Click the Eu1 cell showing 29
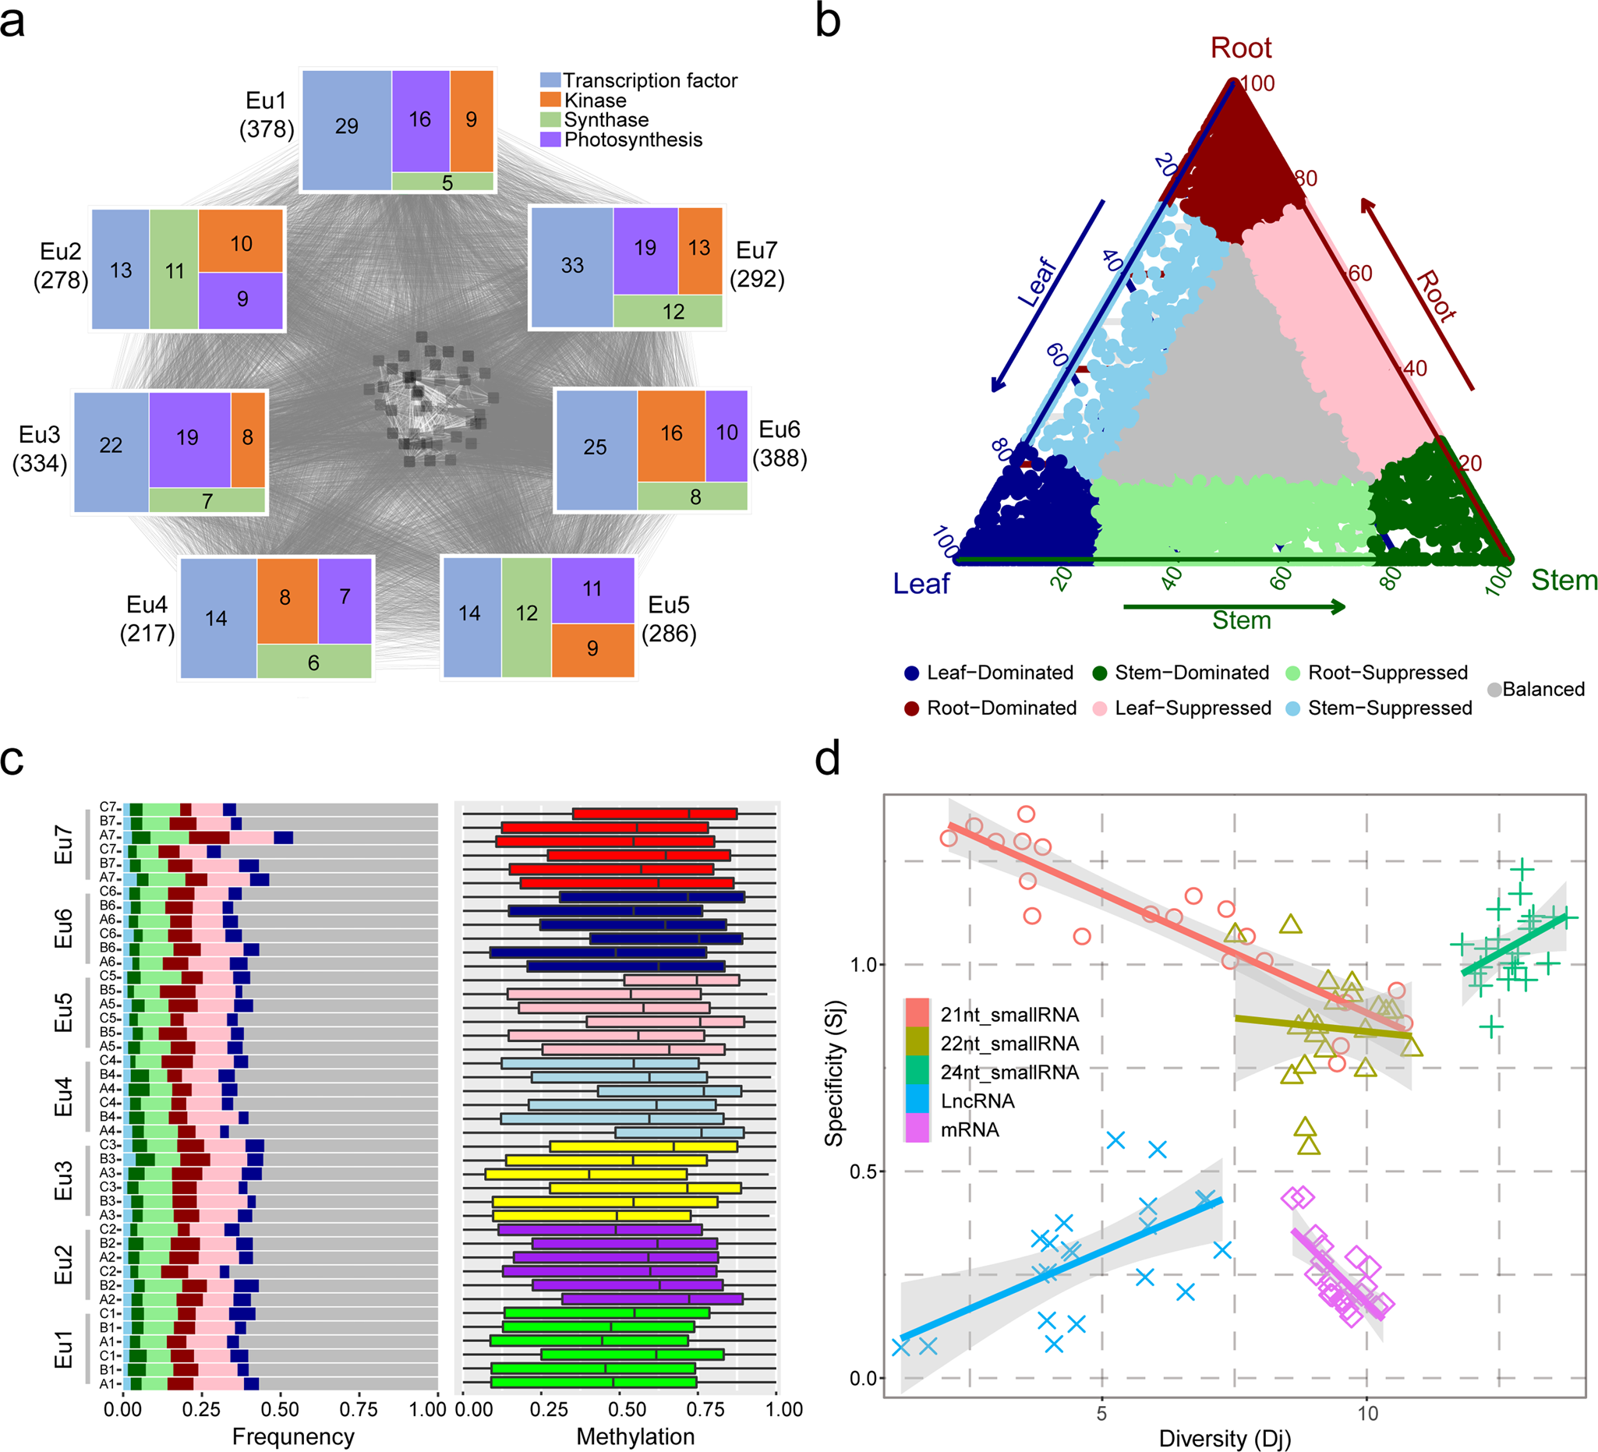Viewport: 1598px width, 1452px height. (x=346, y=127)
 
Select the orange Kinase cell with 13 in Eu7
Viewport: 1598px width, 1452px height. (x=699, y=248)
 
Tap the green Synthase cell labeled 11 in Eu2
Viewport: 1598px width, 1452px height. (x=175, y=271)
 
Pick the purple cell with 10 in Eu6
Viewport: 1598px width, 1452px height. (x=726, y=433)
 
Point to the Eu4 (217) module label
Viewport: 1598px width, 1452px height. (x=147, y=619)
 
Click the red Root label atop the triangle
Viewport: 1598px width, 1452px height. (x=1240, y=48)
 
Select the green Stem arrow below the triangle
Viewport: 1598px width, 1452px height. (x=1234, y=607)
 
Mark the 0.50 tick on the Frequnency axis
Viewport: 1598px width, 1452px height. (x=280, y=1409)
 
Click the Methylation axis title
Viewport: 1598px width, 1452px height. (x=635, y=1436)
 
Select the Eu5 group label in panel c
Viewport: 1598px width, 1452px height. (x=63, y=1012)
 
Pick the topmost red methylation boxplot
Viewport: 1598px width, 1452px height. (x=655, y=813)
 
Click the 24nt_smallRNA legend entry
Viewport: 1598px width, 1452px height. (x=1008, y=1072)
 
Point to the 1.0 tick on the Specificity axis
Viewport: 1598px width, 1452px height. (x=863, y=965)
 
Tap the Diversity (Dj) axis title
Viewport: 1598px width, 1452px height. (x=1225, y=1438)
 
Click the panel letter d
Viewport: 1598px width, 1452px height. (x=828, y=759)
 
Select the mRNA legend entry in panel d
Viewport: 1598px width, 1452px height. (x=969, y=1129)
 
